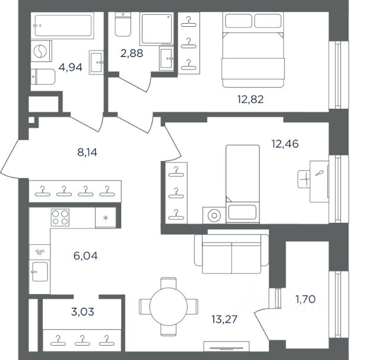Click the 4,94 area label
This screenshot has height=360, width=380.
point(71,67)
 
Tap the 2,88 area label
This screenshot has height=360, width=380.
point(132,53)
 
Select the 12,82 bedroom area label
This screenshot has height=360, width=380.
point(251,99)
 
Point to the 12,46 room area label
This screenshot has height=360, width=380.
point(285,144)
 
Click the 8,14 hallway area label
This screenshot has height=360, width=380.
point(87,153)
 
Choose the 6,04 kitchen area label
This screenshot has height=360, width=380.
point(85,256)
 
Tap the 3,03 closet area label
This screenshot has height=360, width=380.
point(83,312)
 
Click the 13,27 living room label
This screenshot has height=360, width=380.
point(224,319)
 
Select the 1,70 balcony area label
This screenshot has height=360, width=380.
point(305,299)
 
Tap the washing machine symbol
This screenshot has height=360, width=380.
point(41,51)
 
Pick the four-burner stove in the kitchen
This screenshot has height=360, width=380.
point(60,217)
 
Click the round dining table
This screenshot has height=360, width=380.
point(169,307)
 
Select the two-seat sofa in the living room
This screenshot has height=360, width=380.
point(232,254)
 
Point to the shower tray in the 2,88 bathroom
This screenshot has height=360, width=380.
point(157,29)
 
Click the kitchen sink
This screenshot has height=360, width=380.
point(40,271)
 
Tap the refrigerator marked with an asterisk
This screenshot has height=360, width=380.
point(106,217)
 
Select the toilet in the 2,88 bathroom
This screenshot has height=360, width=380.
point(123,24)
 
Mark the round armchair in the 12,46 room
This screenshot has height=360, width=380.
point(214,215)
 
